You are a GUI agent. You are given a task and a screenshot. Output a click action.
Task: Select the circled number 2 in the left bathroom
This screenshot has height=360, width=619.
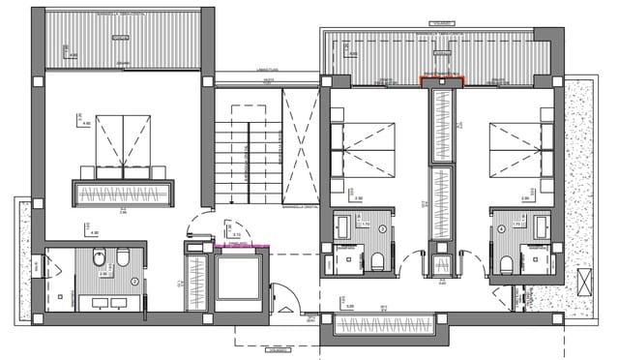pyautogui.click(x=134, y=282)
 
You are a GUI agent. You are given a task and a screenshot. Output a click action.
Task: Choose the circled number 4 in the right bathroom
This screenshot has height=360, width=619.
pyautogui.click(x=505, y=229)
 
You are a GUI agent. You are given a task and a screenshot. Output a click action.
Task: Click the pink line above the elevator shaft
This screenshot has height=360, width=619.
pyautogui.click(x=240, y=247)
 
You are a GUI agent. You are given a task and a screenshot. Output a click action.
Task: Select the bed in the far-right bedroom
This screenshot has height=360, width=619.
pyautogui.click(x=522, y=150)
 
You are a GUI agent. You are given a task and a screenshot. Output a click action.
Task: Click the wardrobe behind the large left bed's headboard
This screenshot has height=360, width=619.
pyautogui.click(x=124, y=193)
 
